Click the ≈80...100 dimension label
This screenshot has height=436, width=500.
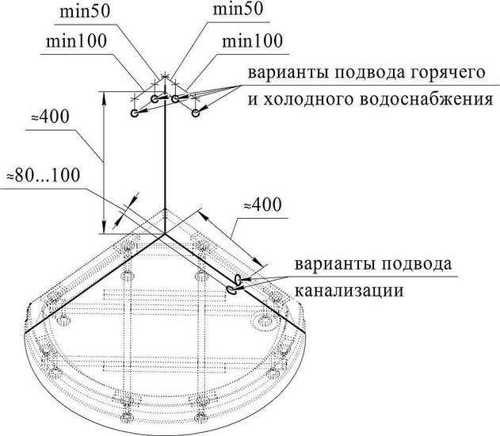pyautogui.click(x=44, y=175)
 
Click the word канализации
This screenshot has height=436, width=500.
pyautogui.click(x=349, y=290)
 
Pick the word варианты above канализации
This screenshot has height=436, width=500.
pyautogui.click(x=335, y=264)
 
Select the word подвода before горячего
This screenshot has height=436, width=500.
pyautogui.click(x=363, y=73)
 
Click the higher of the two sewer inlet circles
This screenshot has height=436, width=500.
pyautogui.click(x=238, y=279)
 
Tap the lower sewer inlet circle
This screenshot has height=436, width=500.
pyautogui.click(x=231, y=289)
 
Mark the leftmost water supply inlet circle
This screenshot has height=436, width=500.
pyautogui.click(x=135, y=113)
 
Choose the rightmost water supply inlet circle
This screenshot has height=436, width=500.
pyautogui.click(x=196, y=113)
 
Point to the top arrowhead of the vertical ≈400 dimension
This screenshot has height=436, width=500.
pyautogui.click(x=103, y=98)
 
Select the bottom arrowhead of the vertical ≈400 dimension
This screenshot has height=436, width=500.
pyautogui.click(x=103, y=227)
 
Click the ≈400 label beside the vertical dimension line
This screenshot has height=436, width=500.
pyautogui.click(x=50, y=117)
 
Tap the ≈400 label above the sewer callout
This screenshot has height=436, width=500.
pyautogui.click(x=263, y=205)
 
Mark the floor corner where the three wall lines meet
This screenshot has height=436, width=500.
pyautogui.click(x=165, y=234)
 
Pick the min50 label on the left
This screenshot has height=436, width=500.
pyautogui.click(x=85, y=12)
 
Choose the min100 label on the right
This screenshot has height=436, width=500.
pyautogui.click(x=252, y=41)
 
